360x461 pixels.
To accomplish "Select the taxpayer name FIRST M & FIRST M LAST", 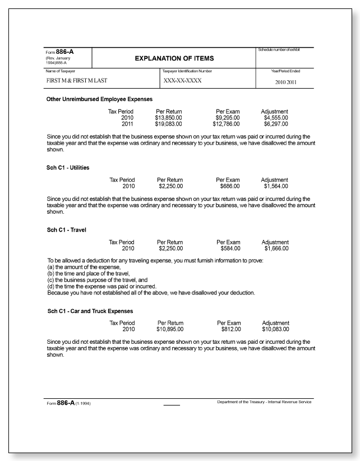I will pyautogui.click(x=77, y=81).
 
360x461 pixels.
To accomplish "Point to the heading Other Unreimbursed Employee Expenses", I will pyautogui.click(x=100, y=99).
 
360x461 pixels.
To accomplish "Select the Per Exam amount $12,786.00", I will pyautogui.click(x=225, y=125).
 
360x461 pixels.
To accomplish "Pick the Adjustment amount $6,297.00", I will pyautogui.click(x=275, y=125).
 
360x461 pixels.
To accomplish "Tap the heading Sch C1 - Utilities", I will pyautogui.click(x=68, y=168).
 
